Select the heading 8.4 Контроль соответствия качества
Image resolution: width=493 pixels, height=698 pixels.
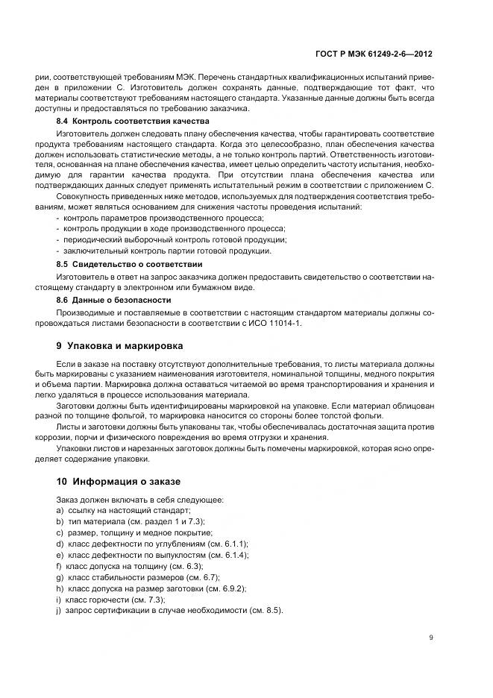tap(133, 121)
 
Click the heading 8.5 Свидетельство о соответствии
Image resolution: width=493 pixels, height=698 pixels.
tap(130, 264)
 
